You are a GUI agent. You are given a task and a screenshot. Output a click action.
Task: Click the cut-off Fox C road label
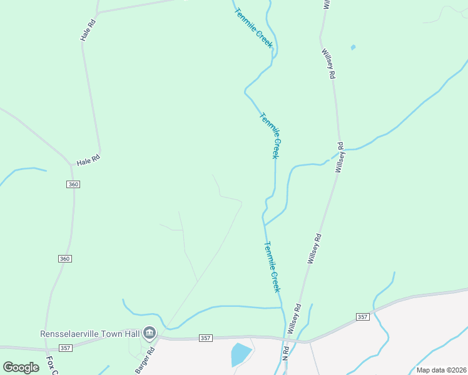click(x=52, y=366)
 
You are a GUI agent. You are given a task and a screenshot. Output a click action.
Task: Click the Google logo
click(x=21, y=367)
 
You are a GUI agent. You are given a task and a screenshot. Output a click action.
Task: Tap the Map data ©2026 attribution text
click(x=442, y=370)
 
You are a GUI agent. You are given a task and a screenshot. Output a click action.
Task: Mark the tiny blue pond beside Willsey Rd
click(x=354, y=47)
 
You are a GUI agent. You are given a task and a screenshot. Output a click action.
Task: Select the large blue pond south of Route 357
click(x=240, y=354)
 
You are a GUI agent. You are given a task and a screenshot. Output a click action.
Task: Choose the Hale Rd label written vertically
click(x=88, y=31)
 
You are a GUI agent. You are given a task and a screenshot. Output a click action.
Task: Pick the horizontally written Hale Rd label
click(x=88, y=161)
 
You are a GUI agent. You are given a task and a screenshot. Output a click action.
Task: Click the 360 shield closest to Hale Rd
click(x=73, y=184)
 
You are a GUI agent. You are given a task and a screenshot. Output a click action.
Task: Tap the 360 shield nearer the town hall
click(x=65, y=259)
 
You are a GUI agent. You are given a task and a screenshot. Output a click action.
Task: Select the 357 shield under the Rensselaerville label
click(x=65, y=347)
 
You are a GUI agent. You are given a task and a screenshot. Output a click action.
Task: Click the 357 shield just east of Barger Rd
click(x=205, y=338)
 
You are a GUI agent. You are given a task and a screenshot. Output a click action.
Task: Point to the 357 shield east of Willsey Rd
click(x=362, y=317)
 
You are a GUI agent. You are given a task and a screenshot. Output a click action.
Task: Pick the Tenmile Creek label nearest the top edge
click(x=254, y=28)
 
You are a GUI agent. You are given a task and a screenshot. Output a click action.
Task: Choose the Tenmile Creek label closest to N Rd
click(x=272, y=267)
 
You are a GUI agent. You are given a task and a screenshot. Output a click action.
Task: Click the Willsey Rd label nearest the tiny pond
click(x=328, y=64)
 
